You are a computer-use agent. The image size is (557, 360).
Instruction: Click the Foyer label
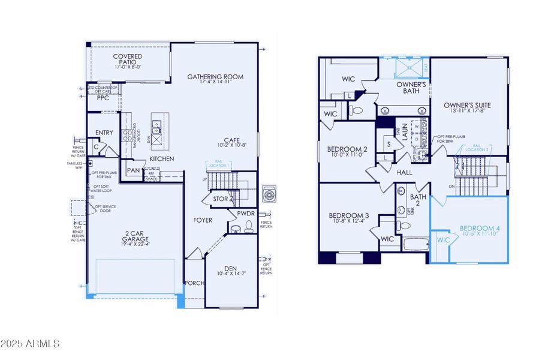tap(203, 220)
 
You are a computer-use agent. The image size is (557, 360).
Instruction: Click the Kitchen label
tap(162, 159)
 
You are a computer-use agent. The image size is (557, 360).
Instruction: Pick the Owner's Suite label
tap(468, 106)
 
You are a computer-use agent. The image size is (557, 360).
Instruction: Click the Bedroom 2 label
tap(347, 149)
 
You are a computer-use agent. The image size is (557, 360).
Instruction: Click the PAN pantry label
tap(133, 170)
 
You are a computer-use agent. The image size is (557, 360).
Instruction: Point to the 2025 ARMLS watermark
tap(30, 344)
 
